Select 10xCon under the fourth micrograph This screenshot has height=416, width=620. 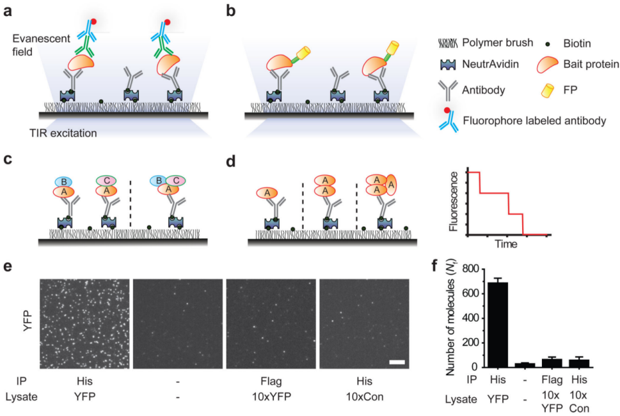pyautogui.click(x=363, y=397)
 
